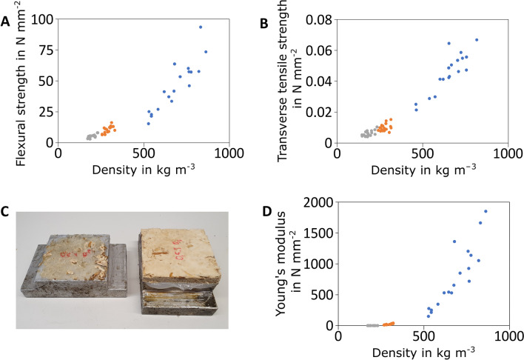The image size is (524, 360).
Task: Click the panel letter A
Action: [x=6, y=21]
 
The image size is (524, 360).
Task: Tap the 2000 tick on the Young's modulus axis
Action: [x=317, y=204]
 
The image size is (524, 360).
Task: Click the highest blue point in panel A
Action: [x=200, y=27]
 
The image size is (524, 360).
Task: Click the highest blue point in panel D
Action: [x=486, y=211]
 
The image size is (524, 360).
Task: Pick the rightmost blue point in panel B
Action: [x=477, y=40]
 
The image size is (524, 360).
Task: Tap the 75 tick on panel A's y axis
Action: [x=46, y=49]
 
